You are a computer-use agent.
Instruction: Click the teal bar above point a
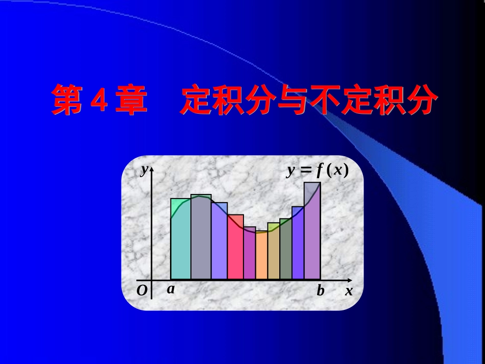pyautogui.click(x=180, y=240)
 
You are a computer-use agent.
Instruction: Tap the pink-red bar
pyautogui.click(x=235, y=248)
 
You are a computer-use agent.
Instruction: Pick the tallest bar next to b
pyautogui.click(x=312, y=232)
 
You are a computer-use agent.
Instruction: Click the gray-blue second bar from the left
pyautogui.click(x=201, y=237)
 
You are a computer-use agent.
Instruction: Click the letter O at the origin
pyautogui.click(x=142, y=291)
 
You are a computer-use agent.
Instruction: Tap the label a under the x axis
pyautogui.click(x=171, y=289)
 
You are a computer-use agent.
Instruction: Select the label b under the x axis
pyautogui.click(x=320, y=291)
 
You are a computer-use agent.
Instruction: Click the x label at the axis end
pyautogui.click(x=349, y=292)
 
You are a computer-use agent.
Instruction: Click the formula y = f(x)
pyautogui.click(x=317, y=171)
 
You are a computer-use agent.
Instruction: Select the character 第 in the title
pyautogui.click(x=68, y=100)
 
